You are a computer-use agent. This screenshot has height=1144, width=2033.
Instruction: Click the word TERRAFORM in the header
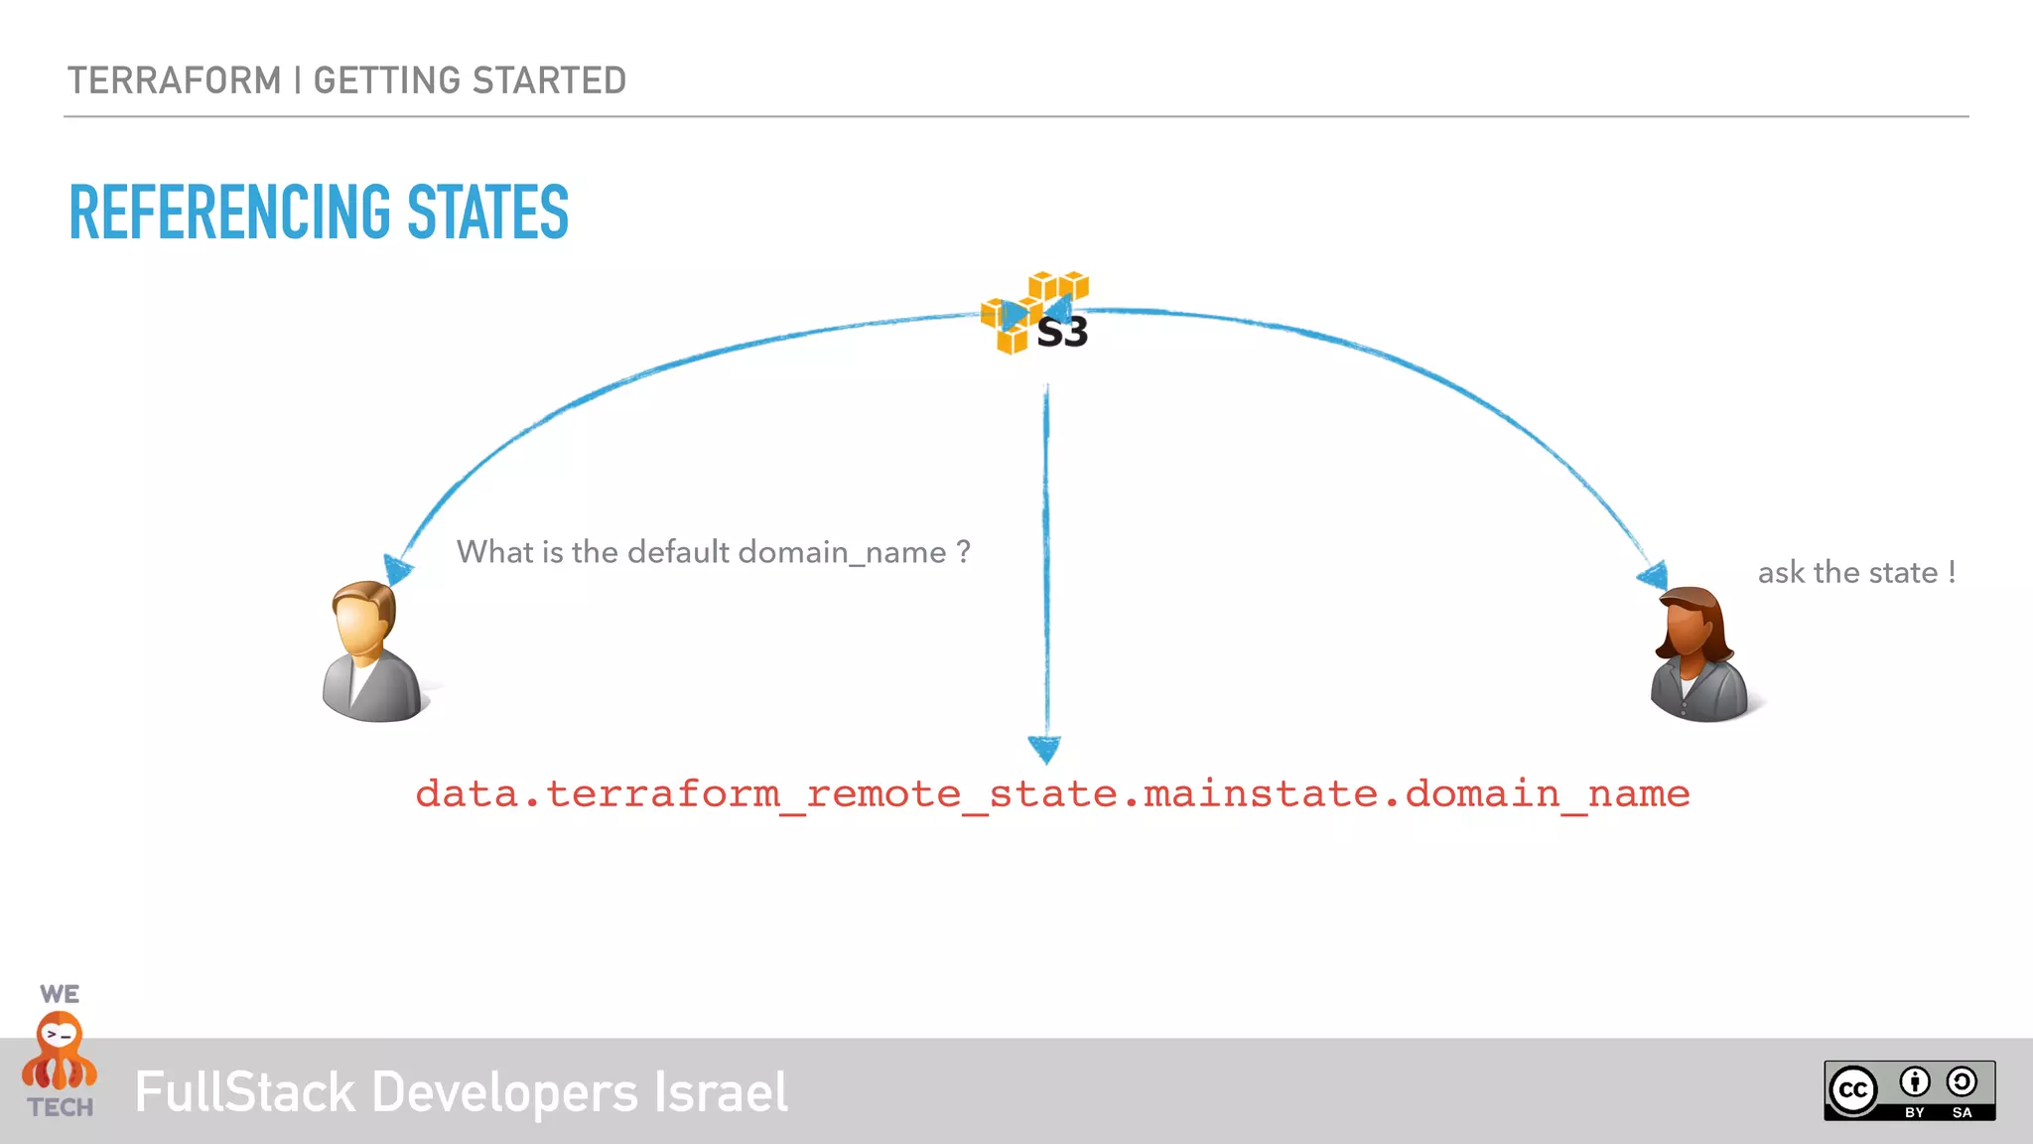(175, 80)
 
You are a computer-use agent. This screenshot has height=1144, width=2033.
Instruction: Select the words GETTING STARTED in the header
(470, 80)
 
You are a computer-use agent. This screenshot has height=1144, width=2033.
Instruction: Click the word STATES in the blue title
(487, 213)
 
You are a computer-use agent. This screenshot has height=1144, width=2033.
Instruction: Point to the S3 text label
(1062, 333)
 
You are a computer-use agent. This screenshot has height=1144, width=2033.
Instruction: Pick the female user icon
(1699, 654)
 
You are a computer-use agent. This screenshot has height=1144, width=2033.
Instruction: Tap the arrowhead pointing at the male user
(398, 569)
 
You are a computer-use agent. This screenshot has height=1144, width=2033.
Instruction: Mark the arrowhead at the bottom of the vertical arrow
(1044, 748)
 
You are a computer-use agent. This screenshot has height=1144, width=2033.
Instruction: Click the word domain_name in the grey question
(842, 552)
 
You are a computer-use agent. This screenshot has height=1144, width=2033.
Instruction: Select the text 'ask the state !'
(1856, 573)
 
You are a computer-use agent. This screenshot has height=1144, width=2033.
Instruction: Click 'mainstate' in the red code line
(1261, 793)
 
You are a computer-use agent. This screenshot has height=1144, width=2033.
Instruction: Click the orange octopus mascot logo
(60, 1053)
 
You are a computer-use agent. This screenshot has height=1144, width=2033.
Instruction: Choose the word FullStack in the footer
(245, 1092)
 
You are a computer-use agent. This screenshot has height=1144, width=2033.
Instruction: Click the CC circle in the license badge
(1853, 1090)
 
